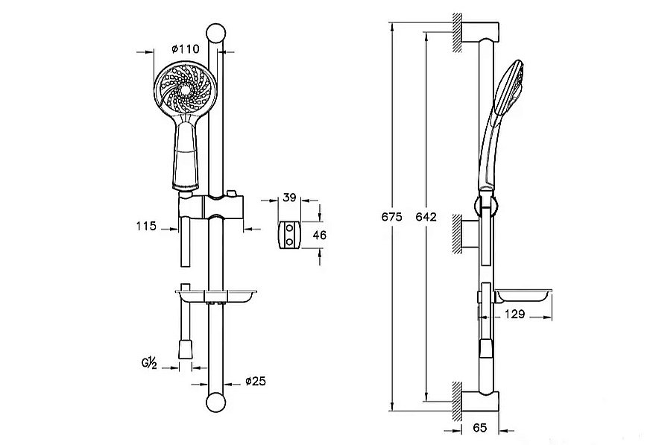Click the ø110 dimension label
[x=185, y=48]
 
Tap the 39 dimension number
[x=289, y=199]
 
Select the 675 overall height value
[x=392, y=217]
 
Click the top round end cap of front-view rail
[x=216, y=34]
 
